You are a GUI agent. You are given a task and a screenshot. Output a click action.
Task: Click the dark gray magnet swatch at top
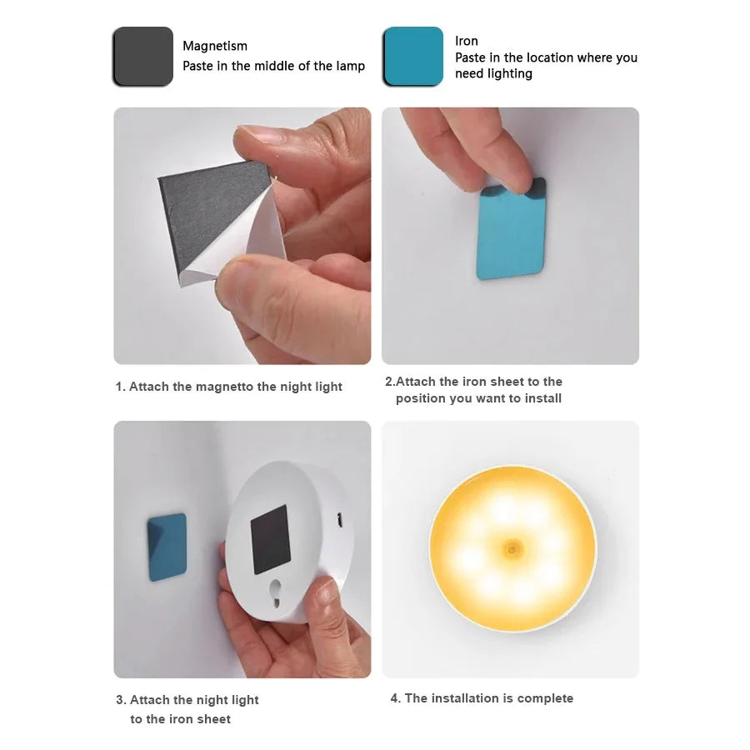pyautogui.click(x=142, y=57)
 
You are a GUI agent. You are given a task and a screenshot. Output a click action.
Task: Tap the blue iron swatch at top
pyautogui.click(x=412, y=57)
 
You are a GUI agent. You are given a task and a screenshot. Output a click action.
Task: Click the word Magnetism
pyautogui.click(x=215, y=46)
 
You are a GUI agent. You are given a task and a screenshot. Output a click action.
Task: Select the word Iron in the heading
pyautogui.click(x=467, y=41)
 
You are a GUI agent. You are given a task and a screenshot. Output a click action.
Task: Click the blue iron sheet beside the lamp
pyautogui.click(x=167, y=547)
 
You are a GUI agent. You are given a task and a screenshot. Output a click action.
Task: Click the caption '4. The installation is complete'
pyautogui.click(x=482, y=698)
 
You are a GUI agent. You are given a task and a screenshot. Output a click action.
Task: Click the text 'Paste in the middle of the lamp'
pyautogui.click(x=273, y=66)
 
